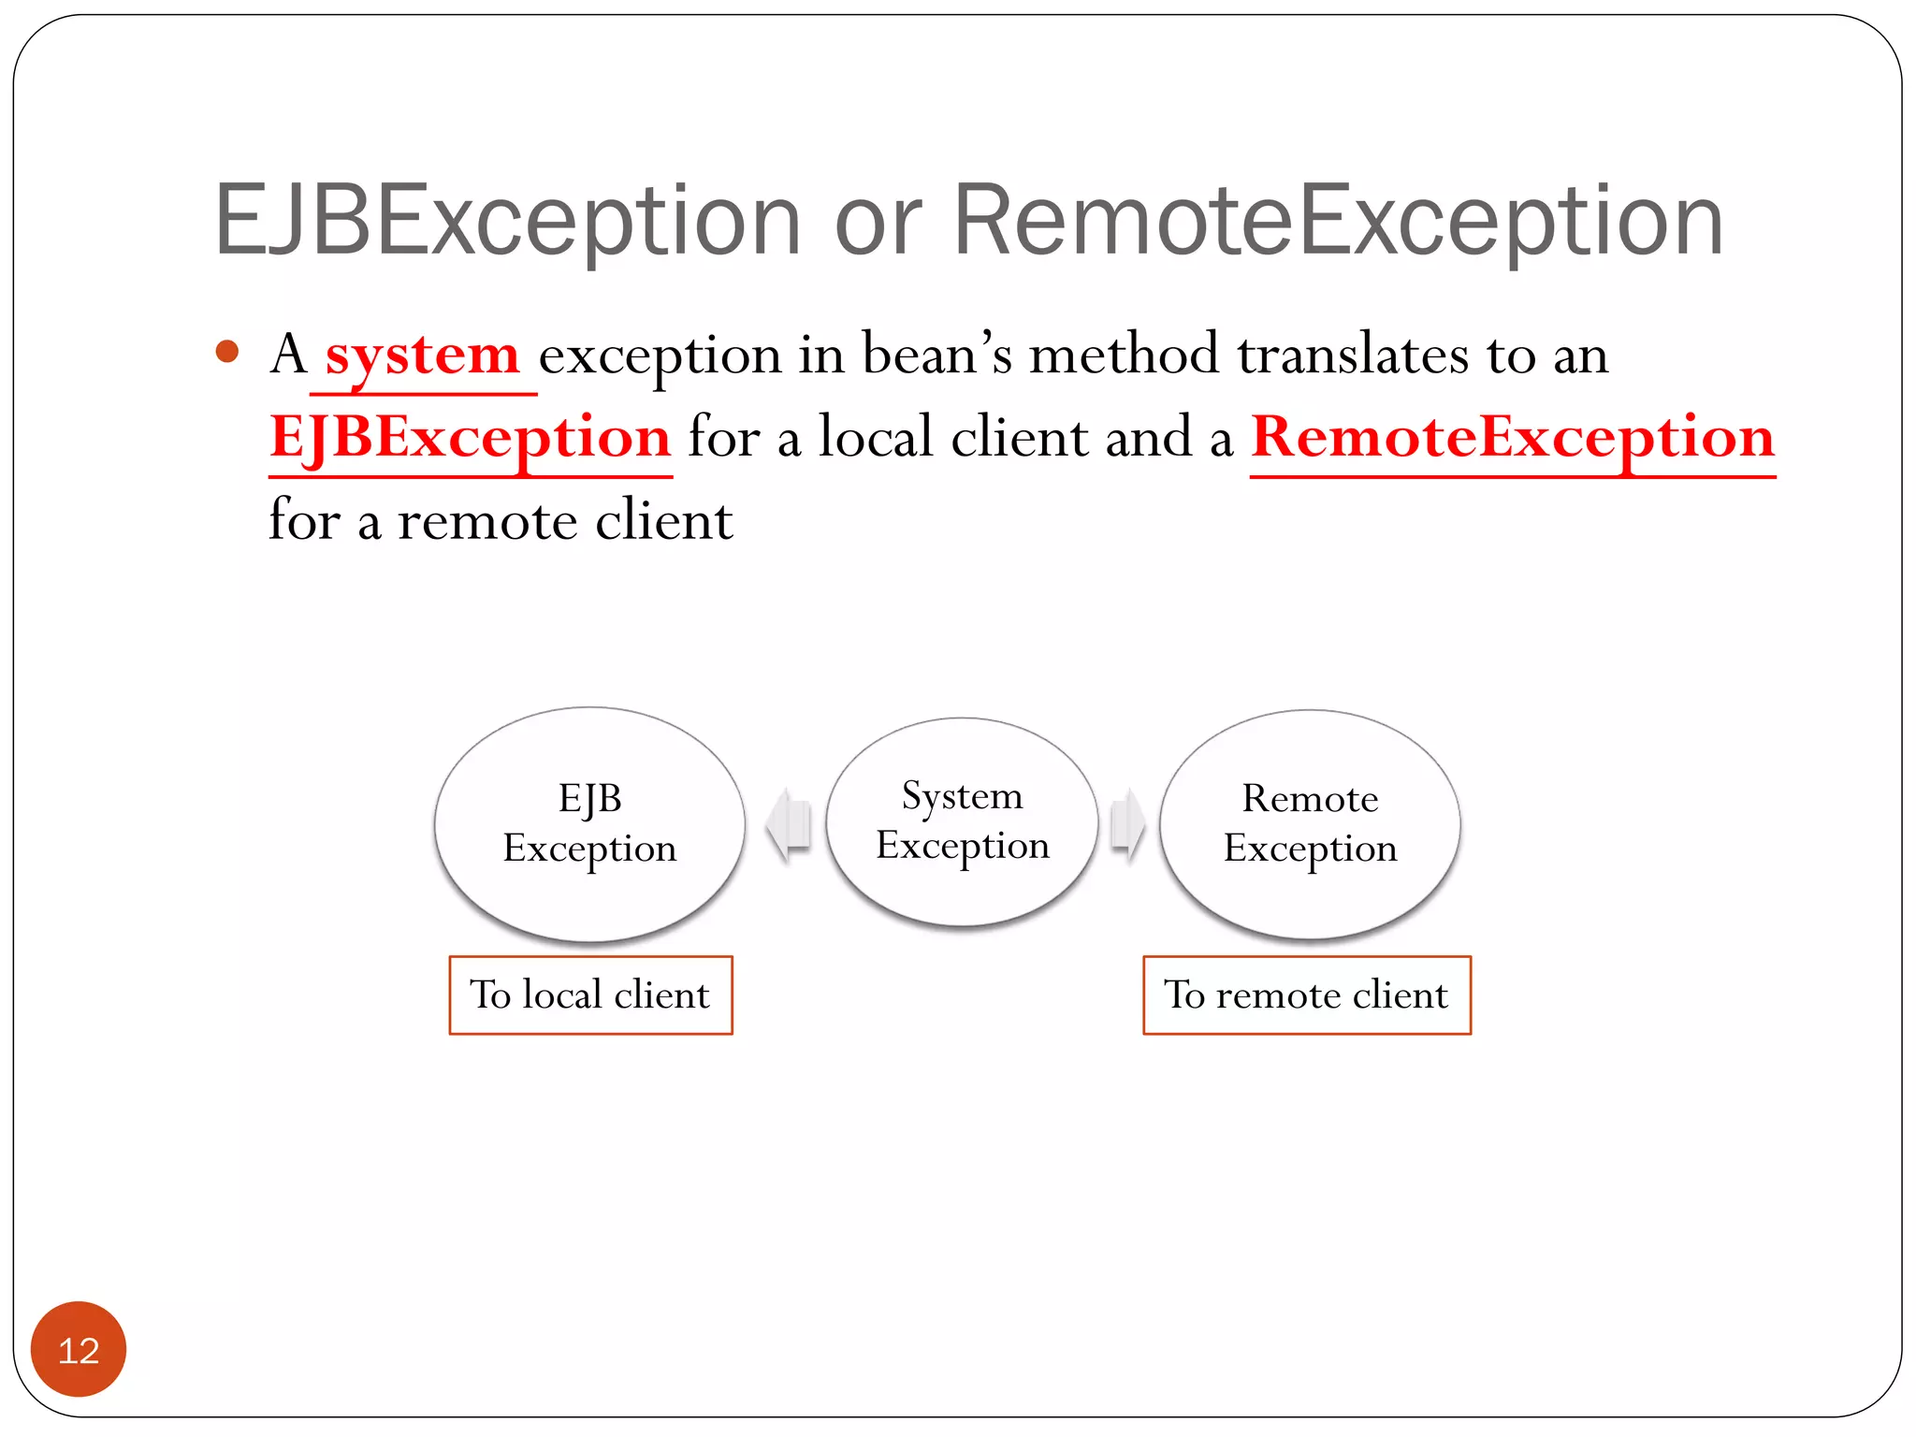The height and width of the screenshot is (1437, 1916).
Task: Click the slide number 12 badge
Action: (79, 1349)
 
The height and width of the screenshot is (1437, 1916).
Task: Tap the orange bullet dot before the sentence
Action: (226, 352)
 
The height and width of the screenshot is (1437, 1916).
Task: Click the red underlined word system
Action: (422, 356)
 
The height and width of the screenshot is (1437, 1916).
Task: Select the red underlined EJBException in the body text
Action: (470, 438)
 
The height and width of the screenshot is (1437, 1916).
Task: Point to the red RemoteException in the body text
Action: (1512, 438)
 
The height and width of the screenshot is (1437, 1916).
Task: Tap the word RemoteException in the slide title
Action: (1338, 221)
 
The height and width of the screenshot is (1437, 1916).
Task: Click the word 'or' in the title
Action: (878, 225)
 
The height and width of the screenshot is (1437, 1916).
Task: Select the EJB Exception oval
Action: (589, 823)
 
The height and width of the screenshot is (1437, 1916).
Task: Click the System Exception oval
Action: (962, 821)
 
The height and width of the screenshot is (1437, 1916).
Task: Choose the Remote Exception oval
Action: (1310, 823)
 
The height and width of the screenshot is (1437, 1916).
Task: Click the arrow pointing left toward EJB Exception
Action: (788, 824)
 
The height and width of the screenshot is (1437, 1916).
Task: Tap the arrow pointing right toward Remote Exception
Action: (1127, 824)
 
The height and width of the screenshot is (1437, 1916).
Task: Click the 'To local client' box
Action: (590, 994)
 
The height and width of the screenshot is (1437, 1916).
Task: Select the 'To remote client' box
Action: (1306, 994)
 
